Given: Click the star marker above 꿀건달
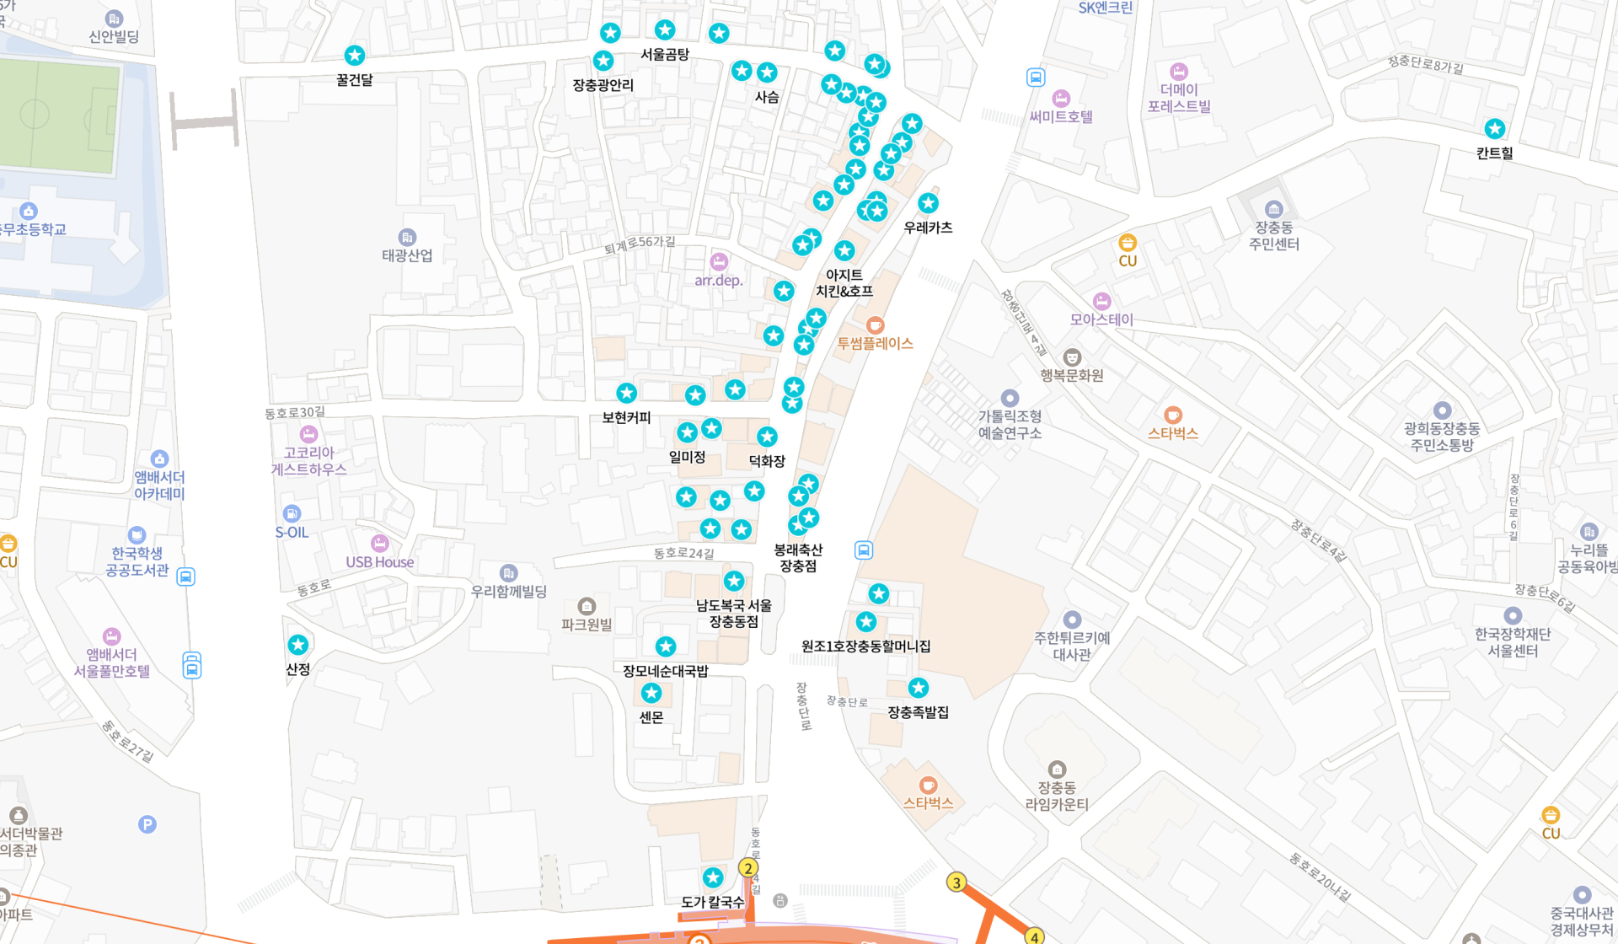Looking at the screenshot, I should [355, 56].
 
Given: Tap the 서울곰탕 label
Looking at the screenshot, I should [665, 55].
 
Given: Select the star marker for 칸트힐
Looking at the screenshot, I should [1495, 129].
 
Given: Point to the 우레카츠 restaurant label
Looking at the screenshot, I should [928, 228].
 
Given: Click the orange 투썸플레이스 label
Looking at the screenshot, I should [875, 344].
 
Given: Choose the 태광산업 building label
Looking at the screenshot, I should [407, 255].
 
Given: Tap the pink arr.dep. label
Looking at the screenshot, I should [719, 281].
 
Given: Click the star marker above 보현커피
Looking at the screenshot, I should [626, 393].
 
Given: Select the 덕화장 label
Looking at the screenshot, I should [767, 461].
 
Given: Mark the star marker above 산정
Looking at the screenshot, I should [298, 645].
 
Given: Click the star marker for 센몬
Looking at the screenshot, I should [651, 693].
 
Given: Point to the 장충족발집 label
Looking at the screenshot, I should [918, 712].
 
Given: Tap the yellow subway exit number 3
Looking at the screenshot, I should [956, 882].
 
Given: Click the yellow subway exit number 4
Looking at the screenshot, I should [1034, 936].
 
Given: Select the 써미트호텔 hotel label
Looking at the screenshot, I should [1061, 117].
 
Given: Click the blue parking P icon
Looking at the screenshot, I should [147, 824].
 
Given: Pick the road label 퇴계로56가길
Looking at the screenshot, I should [640, 244].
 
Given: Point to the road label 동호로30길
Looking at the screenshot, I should [295, 413].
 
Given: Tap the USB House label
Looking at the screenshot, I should [380, 562].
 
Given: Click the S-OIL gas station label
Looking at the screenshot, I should [292, 533].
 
